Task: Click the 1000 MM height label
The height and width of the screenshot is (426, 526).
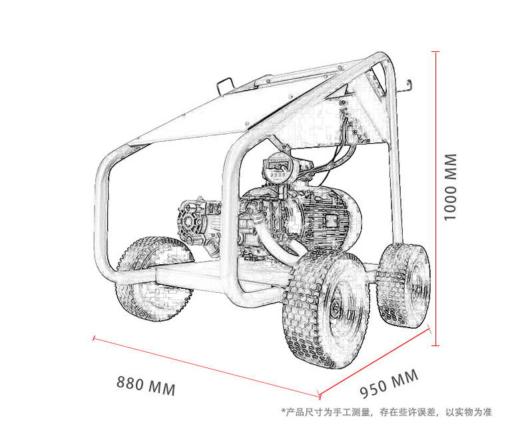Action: (450, 187)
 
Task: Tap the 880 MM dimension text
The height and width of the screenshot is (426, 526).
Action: (146, 385)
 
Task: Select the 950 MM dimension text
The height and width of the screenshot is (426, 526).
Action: (389, 383)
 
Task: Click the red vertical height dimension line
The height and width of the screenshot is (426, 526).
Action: (435, 198)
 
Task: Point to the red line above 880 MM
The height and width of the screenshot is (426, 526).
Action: (206, 367)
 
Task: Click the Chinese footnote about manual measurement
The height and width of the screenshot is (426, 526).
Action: (386, 412)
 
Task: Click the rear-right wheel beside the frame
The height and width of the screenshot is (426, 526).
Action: (403, 285)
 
